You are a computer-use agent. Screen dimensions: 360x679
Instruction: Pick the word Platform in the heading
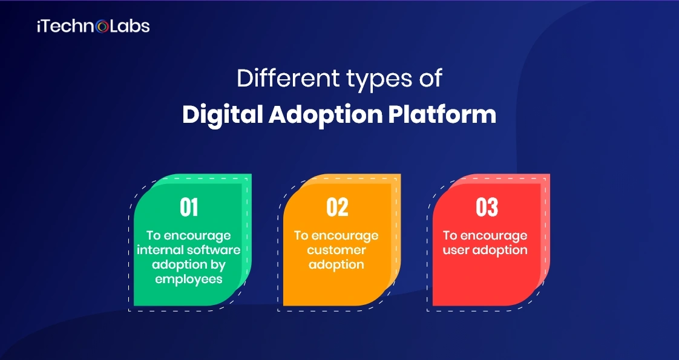point(445,114)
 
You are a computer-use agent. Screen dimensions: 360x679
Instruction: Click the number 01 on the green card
point(189,208)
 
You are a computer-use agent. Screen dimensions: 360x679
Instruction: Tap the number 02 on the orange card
point(337,208)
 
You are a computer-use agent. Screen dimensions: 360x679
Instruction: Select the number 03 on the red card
point(487,208)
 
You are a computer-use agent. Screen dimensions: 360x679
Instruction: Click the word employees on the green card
point(189,279)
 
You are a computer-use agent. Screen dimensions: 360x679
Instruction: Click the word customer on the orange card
point(336,250)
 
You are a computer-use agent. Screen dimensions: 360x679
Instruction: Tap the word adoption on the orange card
point(336,264)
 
